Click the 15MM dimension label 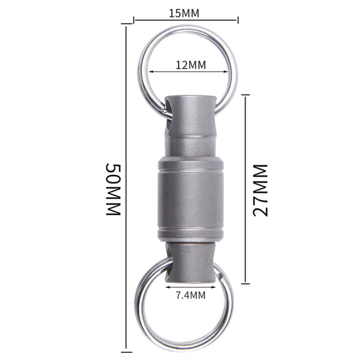pyautogui.click(x=184, y=13)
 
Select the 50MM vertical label pyautogui.click(x=113, y=190)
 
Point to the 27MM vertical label pyautogui.click(x=260, y=190)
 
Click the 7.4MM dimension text pyautogui.click(x=191, y=295)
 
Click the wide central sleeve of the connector pyautogui.click(x=191, y=200)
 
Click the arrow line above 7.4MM pyautogui.click(x=191, y=287)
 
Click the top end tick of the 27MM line pyautogui.click(x=245, y=95)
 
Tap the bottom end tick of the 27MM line pyautogui.click(x=245, y=283)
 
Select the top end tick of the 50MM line pyautogui.click(x=127, y=24)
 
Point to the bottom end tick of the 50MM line pyautogui.click(x=127, y=352)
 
